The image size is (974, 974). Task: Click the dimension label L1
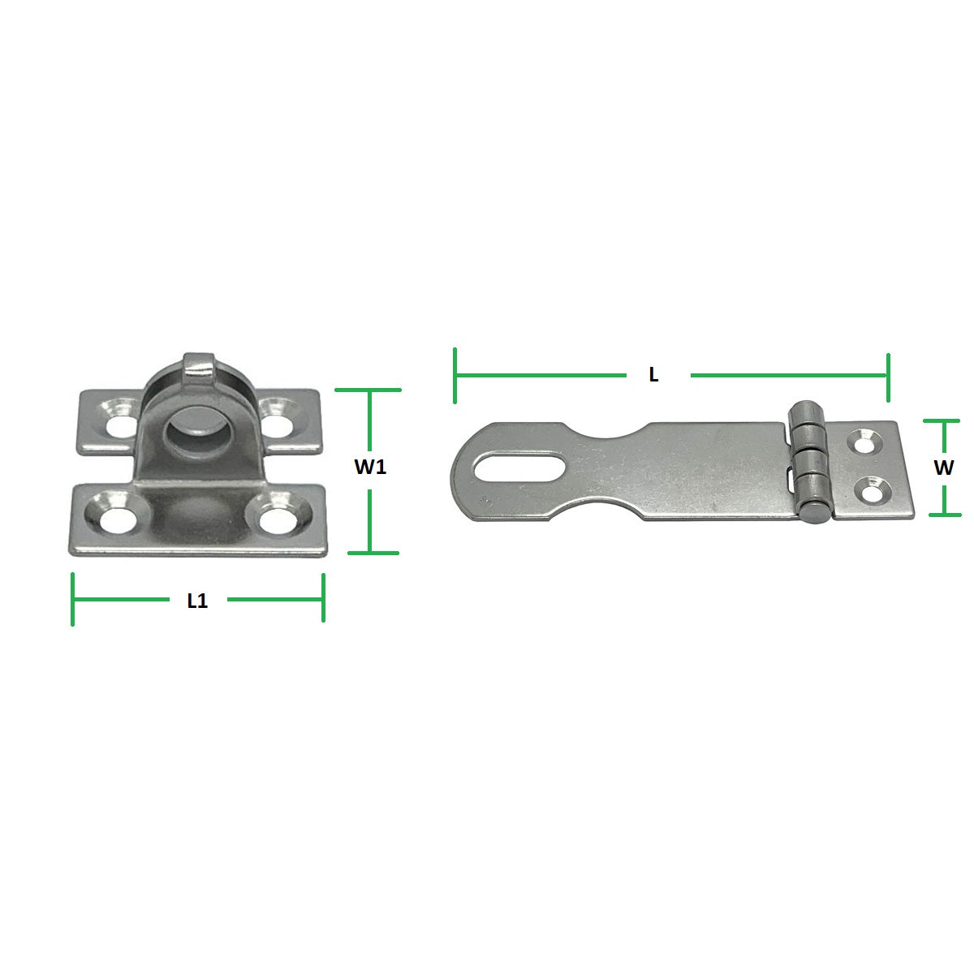click(197, 601)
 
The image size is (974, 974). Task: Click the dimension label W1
click(370, 468)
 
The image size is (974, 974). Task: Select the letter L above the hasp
click(653, 375)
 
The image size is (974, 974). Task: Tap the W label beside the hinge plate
click(943, 468)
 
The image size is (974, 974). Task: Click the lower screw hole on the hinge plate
click(873, 492)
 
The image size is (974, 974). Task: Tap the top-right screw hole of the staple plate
click(278, 421)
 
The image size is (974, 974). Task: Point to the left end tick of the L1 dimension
click(73, 599)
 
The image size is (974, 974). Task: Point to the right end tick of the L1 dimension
click(323, 599)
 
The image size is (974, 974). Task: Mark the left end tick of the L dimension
click(455, 375)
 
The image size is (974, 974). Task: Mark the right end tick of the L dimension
click(889, 377)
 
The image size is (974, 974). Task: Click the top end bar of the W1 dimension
click(369, 390)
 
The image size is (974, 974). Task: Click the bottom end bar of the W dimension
click(944, 514)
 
